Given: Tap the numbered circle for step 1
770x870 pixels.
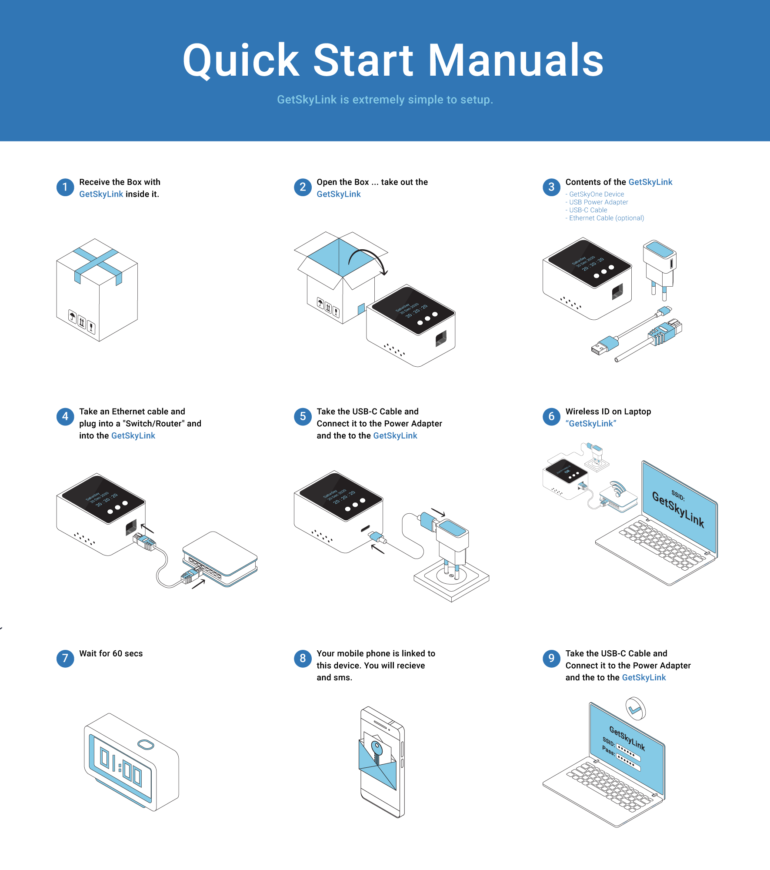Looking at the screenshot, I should [x=65, y=187].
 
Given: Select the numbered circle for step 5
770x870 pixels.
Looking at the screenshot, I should [x=303, y=417].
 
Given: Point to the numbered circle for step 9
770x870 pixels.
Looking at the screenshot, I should [x=551, y=658].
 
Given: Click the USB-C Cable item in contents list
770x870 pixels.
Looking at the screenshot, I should [x=588, y=210].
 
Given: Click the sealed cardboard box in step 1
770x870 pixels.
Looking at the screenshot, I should [x=97, y=289].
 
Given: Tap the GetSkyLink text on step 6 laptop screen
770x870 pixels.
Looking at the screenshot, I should [x=678, y=509].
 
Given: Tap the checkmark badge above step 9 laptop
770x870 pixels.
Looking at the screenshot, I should [x=635, y=709].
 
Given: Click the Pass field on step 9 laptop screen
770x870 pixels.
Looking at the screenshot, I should [x=628, y=761].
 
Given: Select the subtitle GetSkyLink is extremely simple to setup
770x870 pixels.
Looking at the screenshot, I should [x=385, y=100].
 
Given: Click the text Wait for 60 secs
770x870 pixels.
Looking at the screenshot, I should [x=111, y=653].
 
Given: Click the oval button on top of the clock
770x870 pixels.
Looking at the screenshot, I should [x=146, y=745].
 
